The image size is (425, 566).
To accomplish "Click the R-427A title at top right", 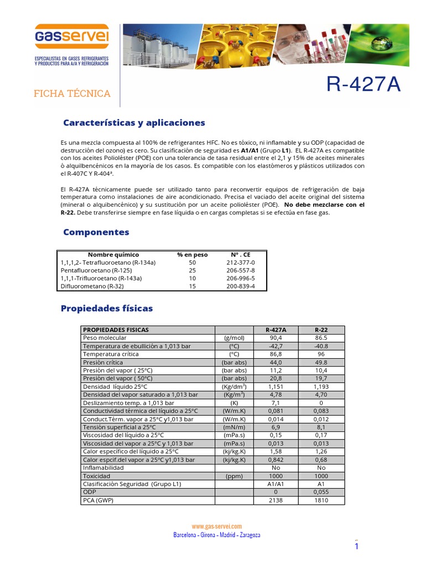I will [x=364, y=85].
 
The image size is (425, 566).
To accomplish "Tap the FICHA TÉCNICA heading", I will [x=72, y=93].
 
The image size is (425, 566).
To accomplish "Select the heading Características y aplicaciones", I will [x=134, y=123].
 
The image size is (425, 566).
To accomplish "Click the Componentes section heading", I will [x=96, y=232].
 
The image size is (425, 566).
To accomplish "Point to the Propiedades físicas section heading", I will [x=106, y=308].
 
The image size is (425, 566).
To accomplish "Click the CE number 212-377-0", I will [x=241, y=263].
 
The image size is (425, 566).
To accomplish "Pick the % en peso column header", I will [x=192, y=255].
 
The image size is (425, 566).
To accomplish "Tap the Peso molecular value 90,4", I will [x=275, y=338].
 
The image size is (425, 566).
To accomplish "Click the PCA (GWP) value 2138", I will [x=275, y=500].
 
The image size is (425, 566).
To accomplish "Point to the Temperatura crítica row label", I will [x=111, y=354].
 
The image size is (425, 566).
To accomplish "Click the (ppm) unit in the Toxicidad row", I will [x=234, y=476].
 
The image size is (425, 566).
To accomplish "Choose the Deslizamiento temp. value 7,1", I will [x=275, y=403].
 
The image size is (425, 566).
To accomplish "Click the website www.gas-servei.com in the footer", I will [x=216, y=527].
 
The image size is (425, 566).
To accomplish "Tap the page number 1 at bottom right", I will [x=357, y=547].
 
